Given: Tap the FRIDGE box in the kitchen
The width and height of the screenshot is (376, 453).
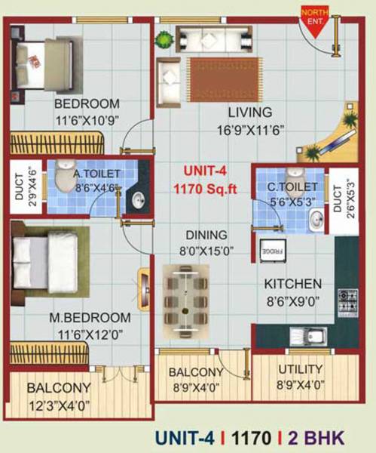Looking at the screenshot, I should pos(272,251).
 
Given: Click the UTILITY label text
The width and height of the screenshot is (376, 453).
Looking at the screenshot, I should pos(301,370).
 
